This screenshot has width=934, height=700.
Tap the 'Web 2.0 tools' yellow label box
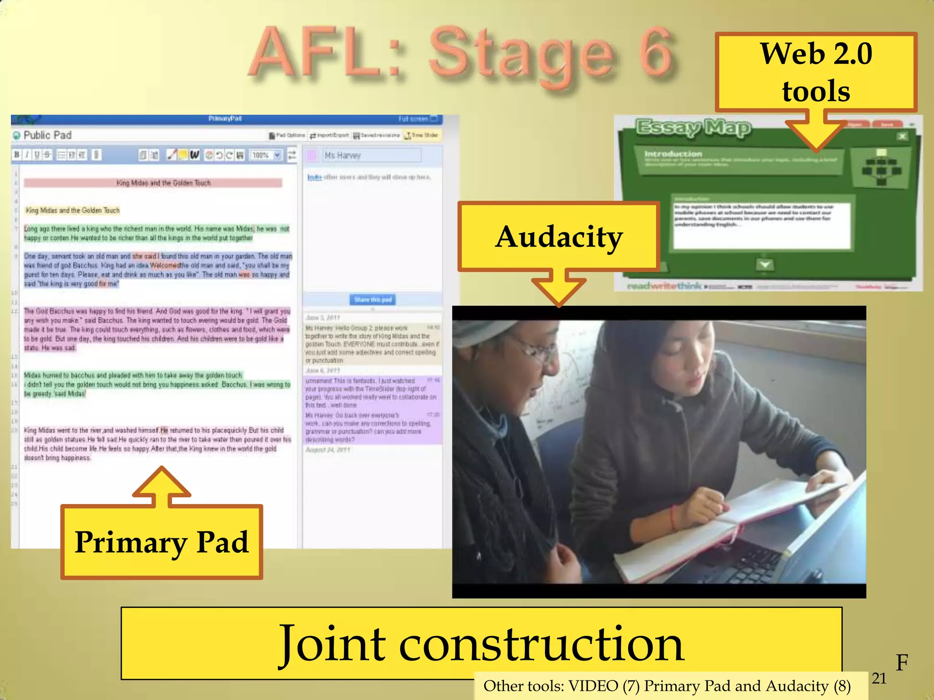815,72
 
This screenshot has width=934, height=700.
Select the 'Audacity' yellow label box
559,237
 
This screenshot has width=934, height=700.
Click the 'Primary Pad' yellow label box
162,542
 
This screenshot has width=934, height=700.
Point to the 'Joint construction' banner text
481,643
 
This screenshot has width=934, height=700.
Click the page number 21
879,679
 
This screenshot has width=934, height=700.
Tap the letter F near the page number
902,662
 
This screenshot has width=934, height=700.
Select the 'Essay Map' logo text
693,128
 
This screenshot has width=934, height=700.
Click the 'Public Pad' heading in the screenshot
47,135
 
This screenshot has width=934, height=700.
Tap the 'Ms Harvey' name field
372,155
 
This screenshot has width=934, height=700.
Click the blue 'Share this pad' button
373,299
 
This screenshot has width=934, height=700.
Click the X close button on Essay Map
902,136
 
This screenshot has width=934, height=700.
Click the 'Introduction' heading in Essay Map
673,154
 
